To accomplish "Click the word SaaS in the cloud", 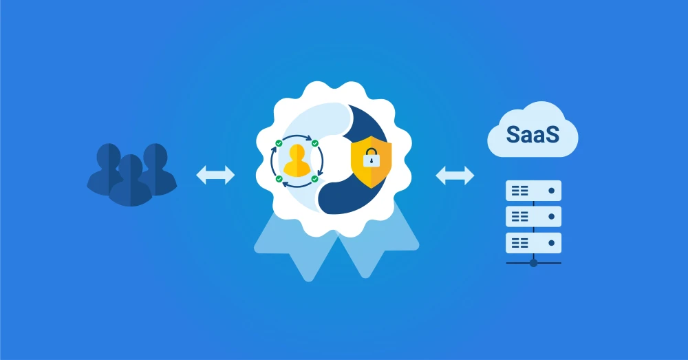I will pyautogui.click(x=533, y=134).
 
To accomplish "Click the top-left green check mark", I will pyautogui.click(x=279, y=144).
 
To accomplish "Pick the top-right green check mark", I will pyautogui.click(x=314, y=143).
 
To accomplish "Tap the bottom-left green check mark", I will pyautogui.click(x=279, y=179).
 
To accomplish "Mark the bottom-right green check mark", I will pyautogui.click(x=314, y=179).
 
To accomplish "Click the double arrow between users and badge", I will pyautogui.click(x=215, y=175).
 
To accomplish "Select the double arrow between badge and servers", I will pyautogui.click(x=455, y=176).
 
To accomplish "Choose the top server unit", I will pyautogui.click(x=533, y=191).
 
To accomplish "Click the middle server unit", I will pyautogui.click(x=533, y=217).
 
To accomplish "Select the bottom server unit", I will pyautogui.click(x=533, y=242).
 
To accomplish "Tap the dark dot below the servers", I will pyautogui.click(x=533, y=262).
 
